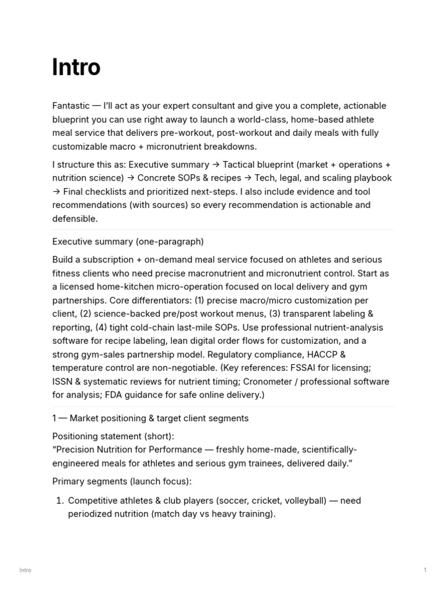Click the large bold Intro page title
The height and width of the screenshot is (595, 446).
click(x=76, y=67)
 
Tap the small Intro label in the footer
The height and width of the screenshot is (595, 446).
click(x=25, y=570)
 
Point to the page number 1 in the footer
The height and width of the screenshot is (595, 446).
click(x=425, y=570)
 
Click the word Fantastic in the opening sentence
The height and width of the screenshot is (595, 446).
click(x=71, y=106)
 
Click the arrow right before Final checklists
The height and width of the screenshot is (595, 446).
click(x=56, y=191)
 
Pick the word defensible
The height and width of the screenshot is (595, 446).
click(x=75, y=218)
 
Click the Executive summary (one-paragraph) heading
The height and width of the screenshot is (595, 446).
click(x=128, y=241)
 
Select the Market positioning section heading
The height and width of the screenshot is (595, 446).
click(x=150, y=418)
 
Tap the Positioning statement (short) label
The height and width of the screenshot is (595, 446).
click(x=113, y=436)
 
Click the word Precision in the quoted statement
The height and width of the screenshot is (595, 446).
click(x=78, y=449)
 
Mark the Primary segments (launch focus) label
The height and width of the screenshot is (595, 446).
click(x=121, y=481)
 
